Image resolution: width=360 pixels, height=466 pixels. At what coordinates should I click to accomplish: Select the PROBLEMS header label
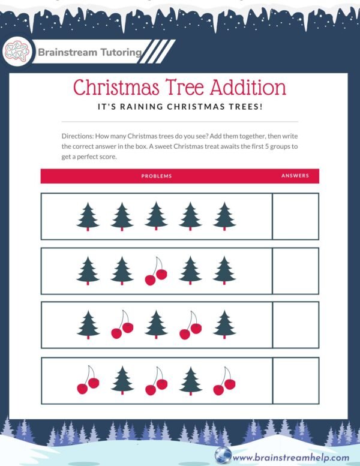pyautogui.click(x=157, y=176)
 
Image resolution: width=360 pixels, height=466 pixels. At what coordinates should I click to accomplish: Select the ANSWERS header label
pyautogui.click(x=295, y=176)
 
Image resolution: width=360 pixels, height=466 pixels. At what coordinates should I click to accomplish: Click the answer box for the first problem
pyautogui.click(x=295, y=216)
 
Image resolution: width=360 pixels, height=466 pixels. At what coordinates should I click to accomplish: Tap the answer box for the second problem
pyautogui.click(x=295, y=270)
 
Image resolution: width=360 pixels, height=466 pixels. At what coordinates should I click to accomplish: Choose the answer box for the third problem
pyautogui.click(x=295, y=325)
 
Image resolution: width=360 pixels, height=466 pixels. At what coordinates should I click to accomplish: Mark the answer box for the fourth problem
pyautogui.click(x=295, y=380)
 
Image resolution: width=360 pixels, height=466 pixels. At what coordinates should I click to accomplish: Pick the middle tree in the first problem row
pyautogui.click(x=156, y=216)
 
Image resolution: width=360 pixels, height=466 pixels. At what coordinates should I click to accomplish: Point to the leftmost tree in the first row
pyautogui.click(x=88, y=216)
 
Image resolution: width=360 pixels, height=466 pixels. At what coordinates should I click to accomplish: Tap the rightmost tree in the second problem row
pyautogui.click(x=224, y=270)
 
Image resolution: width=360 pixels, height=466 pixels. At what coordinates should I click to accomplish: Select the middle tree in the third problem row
pyautogui.click(x=156, y=325)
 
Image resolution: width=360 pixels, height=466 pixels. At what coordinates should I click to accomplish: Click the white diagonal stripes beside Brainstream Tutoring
pyautogui.click(x=159, y=52)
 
